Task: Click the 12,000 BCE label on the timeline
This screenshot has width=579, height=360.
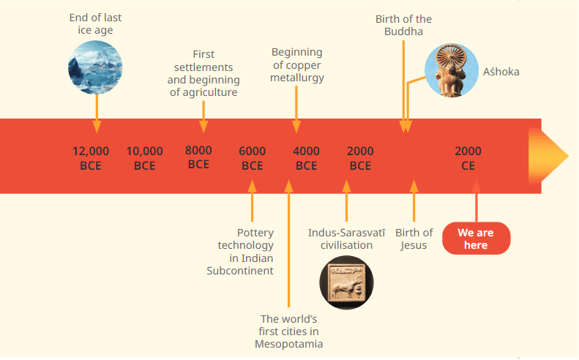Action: tap(91, 158)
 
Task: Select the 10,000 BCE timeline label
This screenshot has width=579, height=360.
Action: tap(145, 158)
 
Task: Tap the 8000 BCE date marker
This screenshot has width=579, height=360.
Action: tap(198, 157)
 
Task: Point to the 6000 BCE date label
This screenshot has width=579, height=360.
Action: tap(253, 158)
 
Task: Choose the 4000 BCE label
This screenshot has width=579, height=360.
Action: tap(307, 158)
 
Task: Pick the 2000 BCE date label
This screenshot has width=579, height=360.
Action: tap(360, 158)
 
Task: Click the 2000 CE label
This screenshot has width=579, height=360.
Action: tap(468, 158)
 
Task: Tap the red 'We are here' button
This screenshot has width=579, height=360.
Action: tap(476, 239)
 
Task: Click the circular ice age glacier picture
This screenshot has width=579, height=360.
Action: tap(95, 67)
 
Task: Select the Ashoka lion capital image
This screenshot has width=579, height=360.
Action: tap(452, 71)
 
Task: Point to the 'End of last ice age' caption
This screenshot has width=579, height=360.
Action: tap(95, 23)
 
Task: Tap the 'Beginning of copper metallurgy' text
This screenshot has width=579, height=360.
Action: tap(297, 65)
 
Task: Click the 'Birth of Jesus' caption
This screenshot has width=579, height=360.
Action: tap(414, 239)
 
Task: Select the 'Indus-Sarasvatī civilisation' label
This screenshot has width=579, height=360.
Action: tap(346, 239)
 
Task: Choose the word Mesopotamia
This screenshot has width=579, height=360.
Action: tap(289, 344)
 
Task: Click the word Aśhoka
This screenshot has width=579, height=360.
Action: tap(501, 72)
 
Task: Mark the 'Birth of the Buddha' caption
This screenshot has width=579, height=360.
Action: tap(403, 25)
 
